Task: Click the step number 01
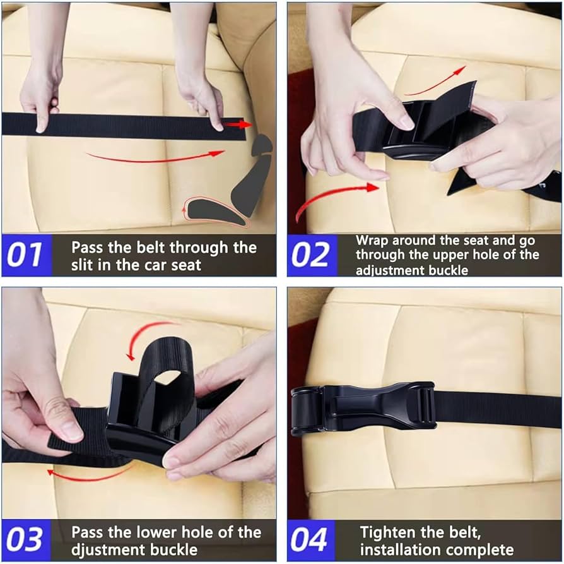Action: pyautogui.click(x=26, y=255)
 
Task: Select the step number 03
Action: pyautogui.click(x=26, y=540)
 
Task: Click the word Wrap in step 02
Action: pyautogui.click(x=372, y=241)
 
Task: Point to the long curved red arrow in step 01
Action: pyautogui.click(x=155, y=157)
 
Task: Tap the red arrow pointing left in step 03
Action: pyautogui.click(x=88, y=472)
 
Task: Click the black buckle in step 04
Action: pyautogui.click(x=362, y=409)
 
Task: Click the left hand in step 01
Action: pyautogui.click(x=42, y=95)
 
